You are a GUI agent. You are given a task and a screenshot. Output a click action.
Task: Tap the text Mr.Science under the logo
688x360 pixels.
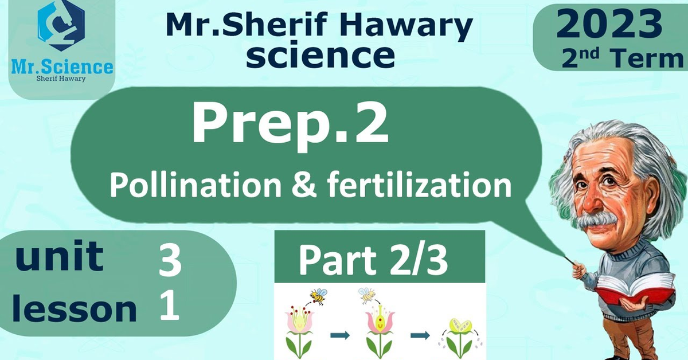click(x=62, y=67)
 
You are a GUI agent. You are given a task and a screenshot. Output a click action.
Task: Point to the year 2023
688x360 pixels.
click(x=609, y=24)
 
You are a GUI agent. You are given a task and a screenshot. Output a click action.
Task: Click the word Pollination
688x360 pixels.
click(x=196, y=185)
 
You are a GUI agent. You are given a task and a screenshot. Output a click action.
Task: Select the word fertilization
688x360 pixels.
click(x=419, y=185)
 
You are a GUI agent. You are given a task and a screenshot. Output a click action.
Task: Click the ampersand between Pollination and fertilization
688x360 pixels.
click(x=304, y=186)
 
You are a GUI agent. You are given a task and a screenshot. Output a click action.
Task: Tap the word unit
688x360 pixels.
click(x=59, y=256)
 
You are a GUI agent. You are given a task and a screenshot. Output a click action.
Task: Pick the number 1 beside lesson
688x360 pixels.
click(x=170, y=306)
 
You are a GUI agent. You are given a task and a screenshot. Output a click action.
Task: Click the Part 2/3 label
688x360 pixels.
click(x=373, y=260)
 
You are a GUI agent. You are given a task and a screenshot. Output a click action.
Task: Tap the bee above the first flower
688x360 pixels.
click(x=318, y=296)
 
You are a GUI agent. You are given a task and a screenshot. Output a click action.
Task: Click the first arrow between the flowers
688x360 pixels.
click(x=340, y=335)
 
